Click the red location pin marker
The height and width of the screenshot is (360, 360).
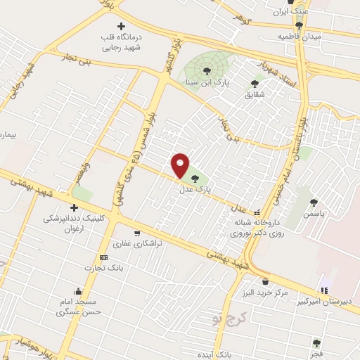[x=181, y=165]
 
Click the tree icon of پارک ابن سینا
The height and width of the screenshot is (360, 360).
[x=207, y=70]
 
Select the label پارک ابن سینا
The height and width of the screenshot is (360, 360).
[x=207, y=82]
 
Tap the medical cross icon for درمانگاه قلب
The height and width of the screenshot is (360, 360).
[x=122, y=26]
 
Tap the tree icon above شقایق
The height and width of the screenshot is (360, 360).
[x=255, y=83]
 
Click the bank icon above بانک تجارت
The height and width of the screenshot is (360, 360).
[x=104, y=257]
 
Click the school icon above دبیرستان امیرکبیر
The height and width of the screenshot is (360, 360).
[x=324, y=290]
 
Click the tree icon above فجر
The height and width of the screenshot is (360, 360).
[x=317, y=344]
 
